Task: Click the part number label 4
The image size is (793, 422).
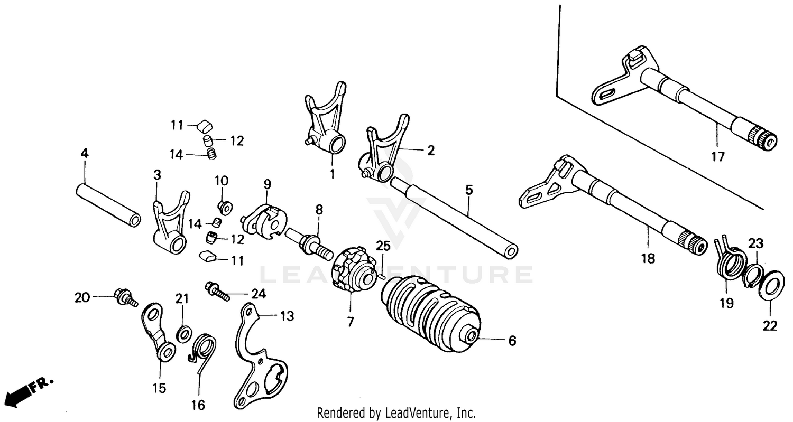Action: pyautogui.click(x=85, y=153)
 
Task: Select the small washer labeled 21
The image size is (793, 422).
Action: pyautogui.click(x=183, y=333)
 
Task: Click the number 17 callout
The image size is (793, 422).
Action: pyautogui.click(x=717, y=157)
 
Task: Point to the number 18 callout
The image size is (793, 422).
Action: pyautogui.click(x=648, y=259)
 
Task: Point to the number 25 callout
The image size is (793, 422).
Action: pyautogui.click(x=383, y=245)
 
